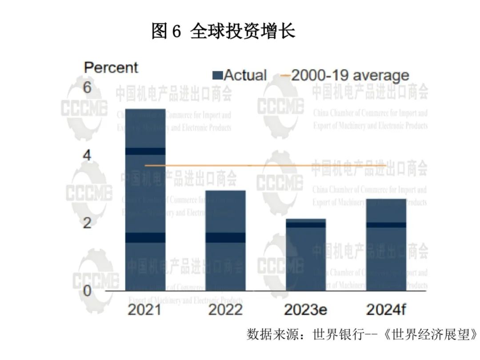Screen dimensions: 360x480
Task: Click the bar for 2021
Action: coord(145,200)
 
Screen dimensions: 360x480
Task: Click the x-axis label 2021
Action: coord(144,309)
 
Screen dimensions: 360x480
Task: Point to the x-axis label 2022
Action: coord(225,309)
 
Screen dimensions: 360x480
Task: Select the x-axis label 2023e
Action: coord(306,309)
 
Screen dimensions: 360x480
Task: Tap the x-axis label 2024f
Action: coord(386,309)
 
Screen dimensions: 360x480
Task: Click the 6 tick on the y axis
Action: coord(87,88)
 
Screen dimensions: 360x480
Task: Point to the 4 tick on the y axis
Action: coord(87,156)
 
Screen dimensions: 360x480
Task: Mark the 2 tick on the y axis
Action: coord(87,223)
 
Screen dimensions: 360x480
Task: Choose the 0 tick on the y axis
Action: coord(87,291)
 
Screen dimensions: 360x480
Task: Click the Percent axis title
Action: coord(111,68)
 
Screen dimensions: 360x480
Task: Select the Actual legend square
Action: coord(217,75)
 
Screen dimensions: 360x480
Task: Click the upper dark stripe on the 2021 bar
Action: coord(145,151)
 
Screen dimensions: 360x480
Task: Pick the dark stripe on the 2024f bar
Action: coord(386,225)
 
